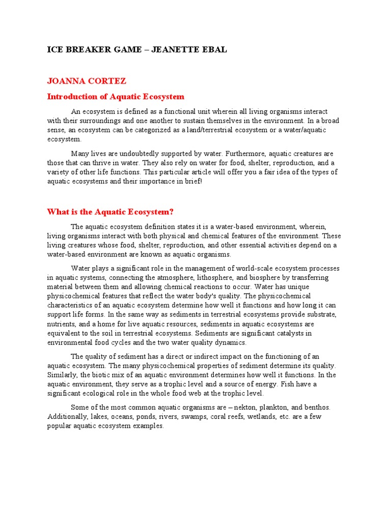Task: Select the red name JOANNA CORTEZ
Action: click(x=87, y=81)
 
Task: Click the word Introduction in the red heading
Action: click(x=71, y=97)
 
